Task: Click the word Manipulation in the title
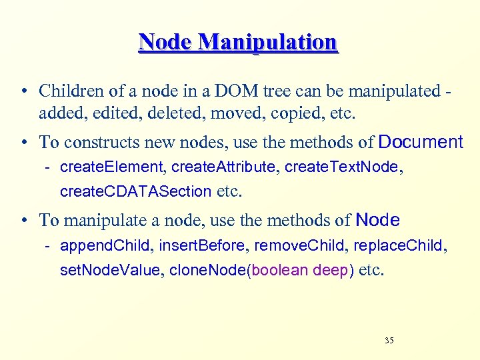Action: pyautogui.click(x=268, y=42)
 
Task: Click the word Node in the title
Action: pyautogui.click(x=166, y=42)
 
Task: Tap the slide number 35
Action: pyautogui.click(x=389, y=341)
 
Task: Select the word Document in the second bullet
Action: pyautogui.click(x=420, y=142)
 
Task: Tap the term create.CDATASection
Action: pyautogui.click(x=135, y=191)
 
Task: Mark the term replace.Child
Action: pyautogui.click(x=398, y=246)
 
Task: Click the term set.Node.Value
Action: pyautogui.click(x=111, y=271)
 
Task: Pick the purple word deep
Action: pyautogui.click(x=330, y=271)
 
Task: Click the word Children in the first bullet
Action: pyautogui.click(x=67, y=91)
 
